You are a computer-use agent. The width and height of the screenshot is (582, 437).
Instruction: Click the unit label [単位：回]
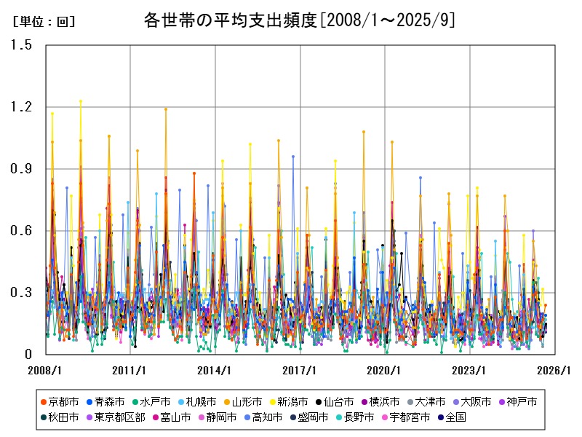44,22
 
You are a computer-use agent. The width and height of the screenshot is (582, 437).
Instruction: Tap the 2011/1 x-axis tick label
130,369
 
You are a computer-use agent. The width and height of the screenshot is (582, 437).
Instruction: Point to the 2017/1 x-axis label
300,369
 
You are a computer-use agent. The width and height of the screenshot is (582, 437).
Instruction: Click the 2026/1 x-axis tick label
555,369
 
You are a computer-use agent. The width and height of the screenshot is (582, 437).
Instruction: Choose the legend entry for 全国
451,417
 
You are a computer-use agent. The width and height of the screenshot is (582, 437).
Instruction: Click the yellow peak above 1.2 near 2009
81,101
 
